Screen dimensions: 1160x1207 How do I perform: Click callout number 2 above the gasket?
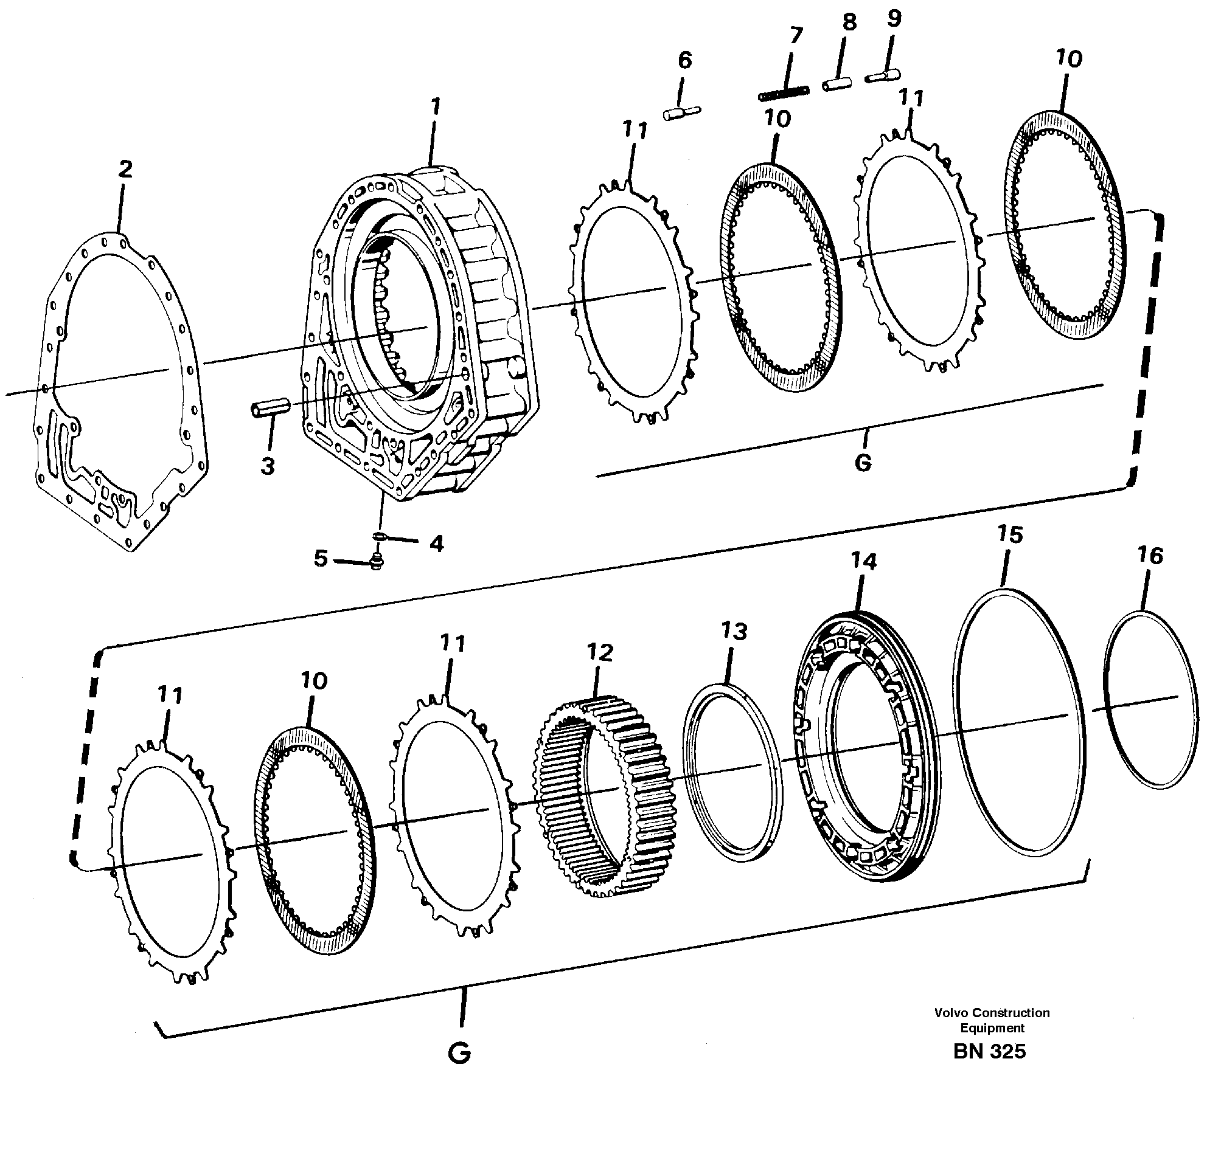[125, 170]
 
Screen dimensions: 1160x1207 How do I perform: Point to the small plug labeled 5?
[374, 561]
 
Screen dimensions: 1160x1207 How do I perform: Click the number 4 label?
[436, 544]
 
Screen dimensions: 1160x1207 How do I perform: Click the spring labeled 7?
[784, 94]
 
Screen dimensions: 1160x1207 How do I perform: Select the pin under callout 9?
[882, 76]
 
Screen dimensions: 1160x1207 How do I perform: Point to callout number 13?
[734, 632]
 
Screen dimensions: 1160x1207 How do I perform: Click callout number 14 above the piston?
[863, 561]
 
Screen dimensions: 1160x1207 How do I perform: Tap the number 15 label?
[1010, 534]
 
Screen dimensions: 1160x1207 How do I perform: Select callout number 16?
[1150, 556]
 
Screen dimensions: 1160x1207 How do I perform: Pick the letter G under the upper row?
[863, 462]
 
